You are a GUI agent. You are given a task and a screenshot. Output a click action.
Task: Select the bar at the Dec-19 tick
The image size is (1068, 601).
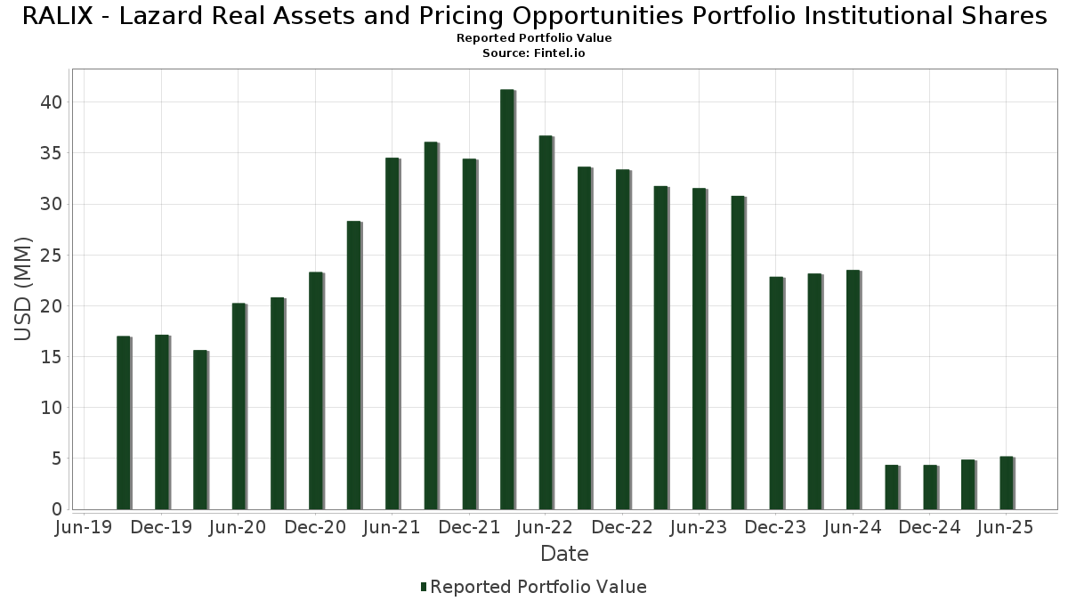[x=161, y=422]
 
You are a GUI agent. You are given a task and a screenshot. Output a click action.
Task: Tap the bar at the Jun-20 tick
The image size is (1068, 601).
[x=239, y=406]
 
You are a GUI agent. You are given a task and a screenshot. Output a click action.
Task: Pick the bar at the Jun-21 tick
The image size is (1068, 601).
[x=392, y=334]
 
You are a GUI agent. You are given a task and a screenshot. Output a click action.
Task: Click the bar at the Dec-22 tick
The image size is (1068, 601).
[x=622, y=339]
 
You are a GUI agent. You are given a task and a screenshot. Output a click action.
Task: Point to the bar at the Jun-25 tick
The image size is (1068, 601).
[x=1007, y=483]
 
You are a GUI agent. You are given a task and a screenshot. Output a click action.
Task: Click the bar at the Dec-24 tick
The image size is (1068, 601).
[x=929, y=487]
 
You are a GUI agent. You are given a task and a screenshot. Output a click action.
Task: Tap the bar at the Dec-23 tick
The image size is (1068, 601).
[x=776, y=393]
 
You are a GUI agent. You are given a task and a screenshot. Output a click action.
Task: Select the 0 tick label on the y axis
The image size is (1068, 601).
[x=56, y=509]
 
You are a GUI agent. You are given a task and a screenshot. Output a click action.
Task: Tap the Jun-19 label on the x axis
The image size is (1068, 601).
[x=84, y=528]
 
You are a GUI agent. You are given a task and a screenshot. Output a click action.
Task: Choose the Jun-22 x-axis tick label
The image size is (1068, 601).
[x=545, y=528]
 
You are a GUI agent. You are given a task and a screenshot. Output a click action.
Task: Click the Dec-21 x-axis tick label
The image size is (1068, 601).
[x=468, y=528]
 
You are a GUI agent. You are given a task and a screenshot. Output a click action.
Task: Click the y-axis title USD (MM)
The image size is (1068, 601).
[x=24, y=288]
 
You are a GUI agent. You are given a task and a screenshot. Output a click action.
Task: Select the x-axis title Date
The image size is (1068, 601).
[x=564, y=554]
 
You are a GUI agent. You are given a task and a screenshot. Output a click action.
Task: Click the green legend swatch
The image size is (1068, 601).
[x=424, y=587]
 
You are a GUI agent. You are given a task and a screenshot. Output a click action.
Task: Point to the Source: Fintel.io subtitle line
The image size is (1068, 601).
[x=534, y=53]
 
